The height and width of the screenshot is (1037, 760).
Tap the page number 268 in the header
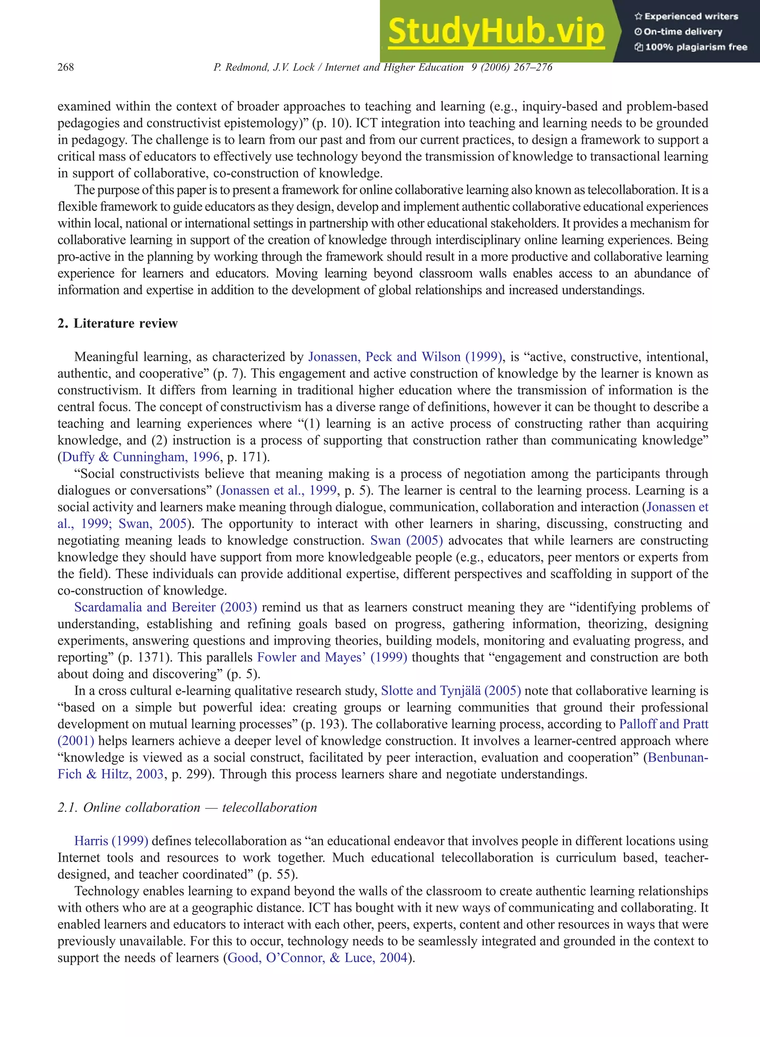(x=65, y=67)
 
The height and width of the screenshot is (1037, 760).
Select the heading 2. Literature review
(x=117, y=323)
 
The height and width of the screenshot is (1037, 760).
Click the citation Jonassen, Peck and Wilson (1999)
(x=405, y=357)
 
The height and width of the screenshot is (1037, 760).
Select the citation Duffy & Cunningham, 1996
(x=141, y=457)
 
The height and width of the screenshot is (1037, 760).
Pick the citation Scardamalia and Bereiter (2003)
(x=166, y=607)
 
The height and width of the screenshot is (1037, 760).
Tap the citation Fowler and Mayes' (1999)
(x=332, y=657)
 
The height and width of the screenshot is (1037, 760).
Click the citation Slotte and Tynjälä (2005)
(x=451, y=691)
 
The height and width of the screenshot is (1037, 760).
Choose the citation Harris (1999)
(x=111, y=841)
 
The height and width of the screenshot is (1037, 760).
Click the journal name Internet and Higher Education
(x=394, y=67)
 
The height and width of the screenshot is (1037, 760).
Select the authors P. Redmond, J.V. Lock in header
(x=264, y=67)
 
